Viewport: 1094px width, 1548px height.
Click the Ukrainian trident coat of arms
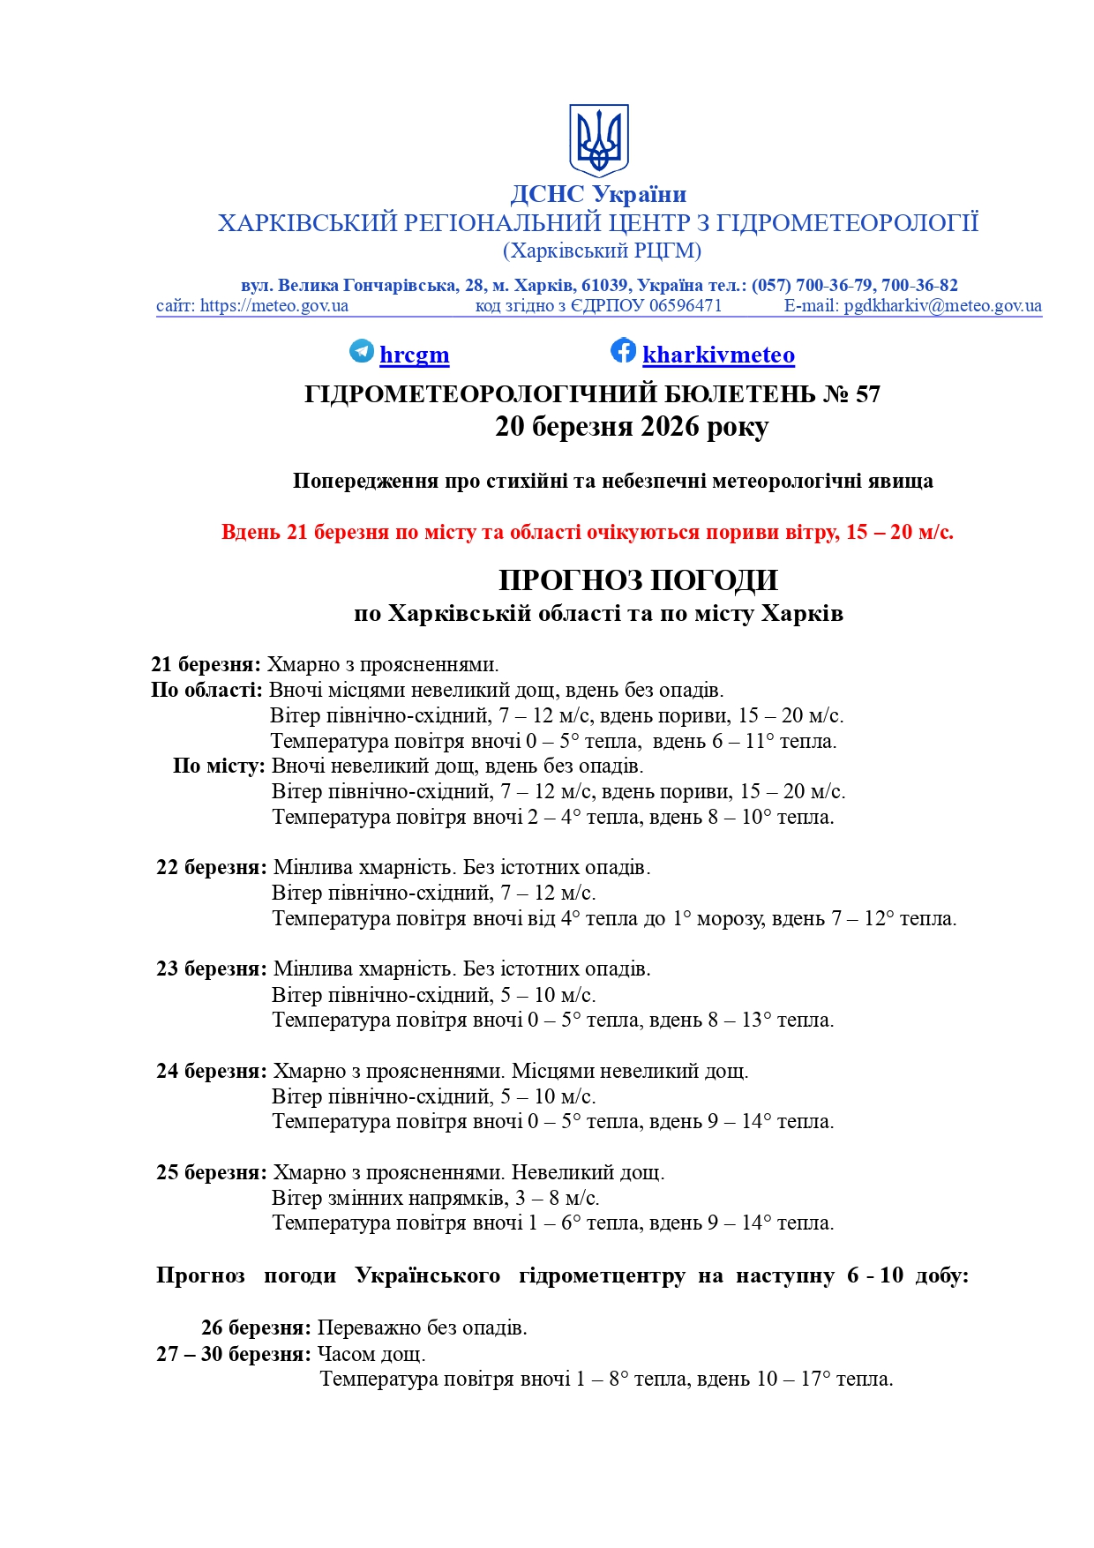[x=598, y=140]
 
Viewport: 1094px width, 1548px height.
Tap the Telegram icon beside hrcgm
[x=362, y=351]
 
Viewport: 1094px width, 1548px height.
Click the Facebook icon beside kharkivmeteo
[x=623, y=350]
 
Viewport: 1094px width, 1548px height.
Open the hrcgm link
[x=414, y=355]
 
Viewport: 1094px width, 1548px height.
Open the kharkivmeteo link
[x=718, y=355]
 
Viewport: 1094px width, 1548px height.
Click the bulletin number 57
[x=868, y=394]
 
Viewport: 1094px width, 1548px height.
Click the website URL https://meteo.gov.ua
[x=273, y=306]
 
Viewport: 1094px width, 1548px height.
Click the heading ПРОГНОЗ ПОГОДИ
[x=638, y=580]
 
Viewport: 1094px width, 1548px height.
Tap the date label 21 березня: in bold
[x=206, y=664]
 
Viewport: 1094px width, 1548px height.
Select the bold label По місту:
[x=219, y=766]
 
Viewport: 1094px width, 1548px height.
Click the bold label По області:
[x=206, y=690]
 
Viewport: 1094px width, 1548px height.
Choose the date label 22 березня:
[x=211, y=868]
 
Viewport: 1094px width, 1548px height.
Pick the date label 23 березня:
[x=211, y=969]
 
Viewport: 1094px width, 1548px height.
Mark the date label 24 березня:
[x=211, y=1072]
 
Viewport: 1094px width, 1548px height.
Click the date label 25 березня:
[x=211, y=1173]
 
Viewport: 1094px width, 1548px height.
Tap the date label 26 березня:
[x=256, y=1328]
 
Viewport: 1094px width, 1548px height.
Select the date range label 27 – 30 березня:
[x=234, y=1355]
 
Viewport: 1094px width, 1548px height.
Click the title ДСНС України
[x=598, y=194]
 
